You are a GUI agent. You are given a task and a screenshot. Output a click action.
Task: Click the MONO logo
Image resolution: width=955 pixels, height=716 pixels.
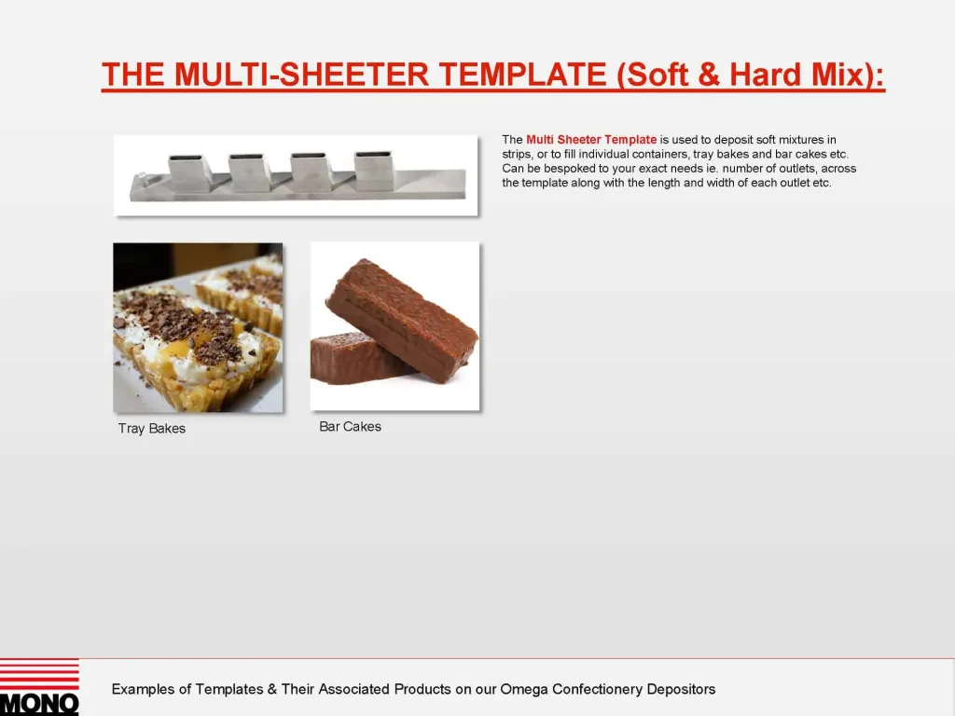tap(39, 687)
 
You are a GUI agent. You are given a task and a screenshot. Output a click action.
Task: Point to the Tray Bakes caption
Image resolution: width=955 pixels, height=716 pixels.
tap(152, 429)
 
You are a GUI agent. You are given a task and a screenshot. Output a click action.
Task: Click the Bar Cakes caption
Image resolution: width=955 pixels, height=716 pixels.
tap(350, 427)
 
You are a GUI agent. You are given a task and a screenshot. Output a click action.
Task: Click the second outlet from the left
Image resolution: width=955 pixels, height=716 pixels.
tap(250, 171)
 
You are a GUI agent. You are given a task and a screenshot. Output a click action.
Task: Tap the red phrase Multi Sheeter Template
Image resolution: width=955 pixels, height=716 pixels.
tap(591, 140)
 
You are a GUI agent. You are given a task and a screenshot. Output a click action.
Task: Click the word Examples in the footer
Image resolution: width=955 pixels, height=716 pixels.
tap(143, 690)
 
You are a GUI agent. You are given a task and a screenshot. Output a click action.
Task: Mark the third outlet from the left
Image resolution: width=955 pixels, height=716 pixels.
tap(311, 171)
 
